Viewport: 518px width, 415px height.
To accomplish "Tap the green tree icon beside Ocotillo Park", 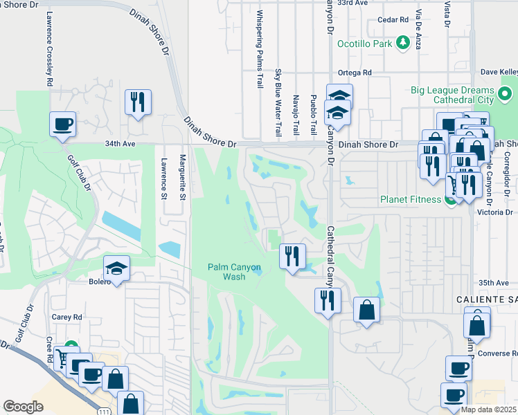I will click(x=402, y=43).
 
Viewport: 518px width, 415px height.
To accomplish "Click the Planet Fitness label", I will click(x=411, y=200).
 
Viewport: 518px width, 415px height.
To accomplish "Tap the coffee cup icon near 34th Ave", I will click(x=62, y=124).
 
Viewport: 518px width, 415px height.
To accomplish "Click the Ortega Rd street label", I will click(x=355, y=73).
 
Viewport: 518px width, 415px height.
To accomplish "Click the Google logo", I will click(x=23, y=407).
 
